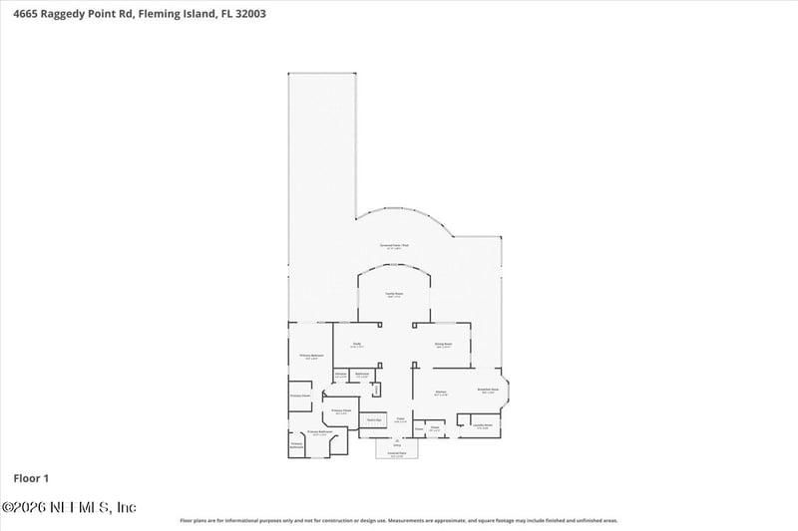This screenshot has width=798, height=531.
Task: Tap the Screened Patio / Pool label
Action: pos(395,245)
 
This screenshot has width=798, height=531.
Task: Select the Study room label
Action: pos(356,344)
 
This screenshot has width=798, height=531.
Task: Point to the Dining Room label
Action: pos(444,344)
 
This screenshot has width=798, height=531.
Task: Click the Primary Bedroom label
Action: pos(310,356)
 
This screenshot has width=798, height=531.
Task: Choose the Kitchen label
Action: pos(440,393)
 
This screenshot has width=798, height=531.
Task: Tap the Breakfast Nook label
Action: pos(489,391)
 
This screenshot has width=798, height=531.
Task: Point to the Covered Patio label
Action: pos(396,454)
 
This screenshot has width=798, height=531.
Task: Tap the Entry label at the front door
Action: pos(396,445)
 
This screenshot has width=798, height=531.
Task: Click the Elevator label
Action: pos(340,375)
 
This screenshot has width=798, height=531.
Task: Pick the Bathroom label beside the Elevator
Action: pos(363,375)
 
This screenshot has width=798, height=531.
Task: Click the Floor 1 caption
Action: pos(30,476)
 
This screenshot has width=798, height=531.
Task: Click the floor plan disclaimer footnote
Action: pos(398,520)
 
